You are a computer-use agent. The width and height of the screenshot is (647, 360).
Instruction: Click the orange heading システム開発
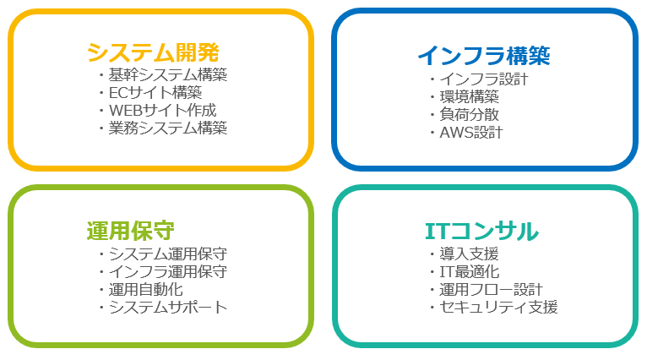(153, 52)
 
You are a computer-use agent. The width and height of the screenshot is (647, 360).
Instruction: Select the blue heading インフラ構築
(484, 56)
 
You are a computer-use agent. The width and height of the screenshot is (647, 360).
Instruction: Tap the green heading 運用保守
(131, 231)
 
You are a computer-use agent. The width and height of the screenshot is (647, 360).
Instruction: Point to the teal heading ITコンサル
(482, 232)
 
